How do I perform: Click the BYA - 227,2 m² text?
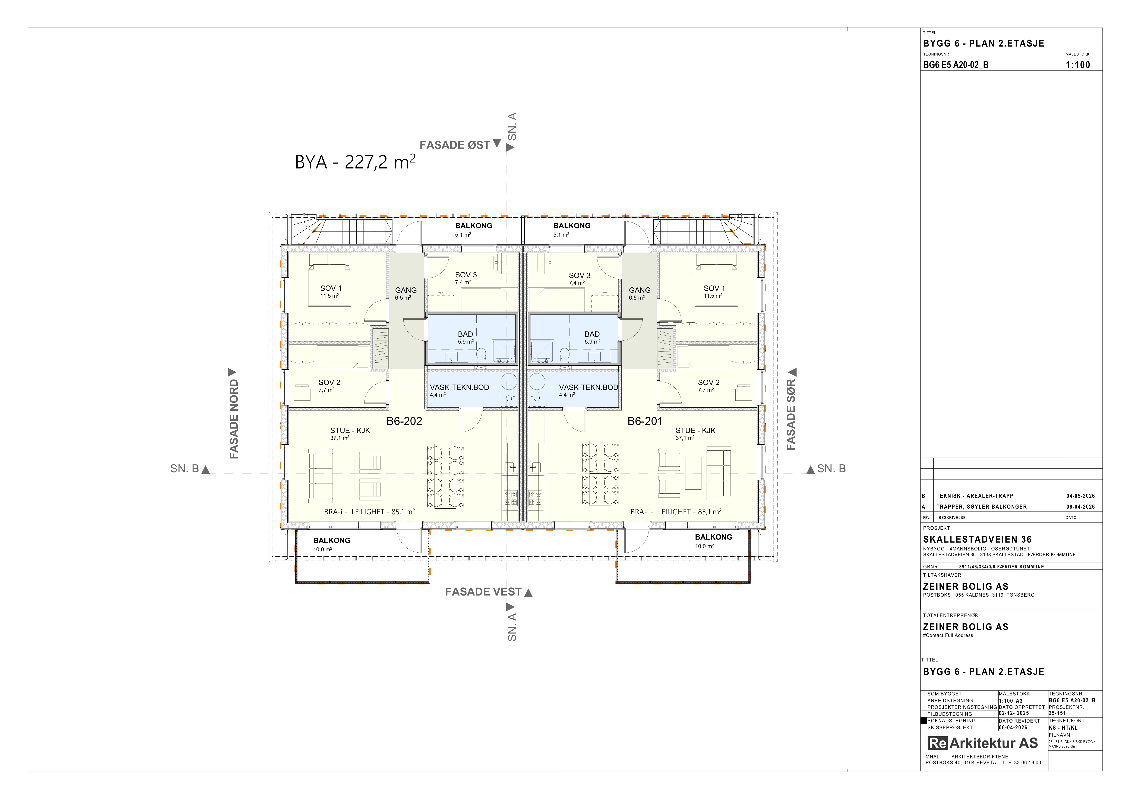[355, 162]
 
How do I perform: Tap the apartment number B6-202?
[404, 421]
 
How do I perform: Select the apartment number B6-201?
[645, 421]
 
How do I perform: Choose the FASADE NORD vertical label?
[234, 419]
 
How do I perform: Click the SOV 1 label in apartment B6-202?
[331, 288]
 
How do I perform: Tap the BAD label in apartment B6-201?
[592, 334]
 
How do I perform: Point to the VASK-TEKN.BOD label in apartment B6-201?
[589, 387]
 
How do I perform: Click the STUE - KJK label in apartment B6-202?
[350, 430]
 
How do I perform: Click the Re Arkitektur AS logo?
[982, 743]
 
